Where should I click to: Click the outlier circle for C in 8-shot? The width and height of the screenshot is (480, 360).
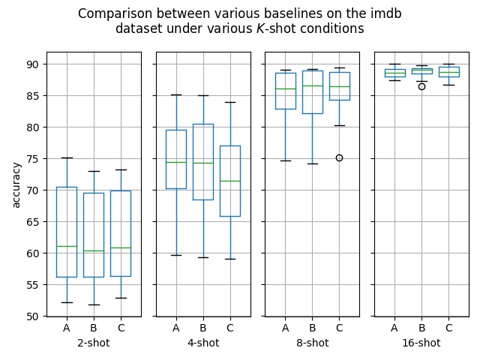click(x=339, y=157)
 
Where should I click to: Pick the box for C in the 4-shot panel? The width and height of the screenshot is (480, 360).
click(x=230, y=187)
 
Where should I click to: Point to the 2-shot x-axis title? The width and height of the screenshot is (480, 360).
click(x=94, y=343)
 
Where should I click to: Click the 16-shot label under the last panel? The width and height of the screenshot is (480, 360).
click(x=421, y=343)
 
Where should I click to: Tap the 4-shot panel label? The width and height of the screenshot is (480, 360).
click(x=203, y=343)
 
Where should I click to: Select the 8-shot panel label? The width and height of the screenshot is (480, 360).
click(x=312, y=343)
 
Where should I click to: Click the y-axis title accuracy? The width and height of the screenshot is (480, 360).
click(x=16, y=184)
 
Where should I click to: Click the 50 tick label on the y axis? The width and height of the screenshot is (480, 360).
click(x=32, y=316)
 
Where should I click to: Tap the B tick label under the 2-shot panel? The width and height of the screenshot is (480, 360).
click(x=94, y=328)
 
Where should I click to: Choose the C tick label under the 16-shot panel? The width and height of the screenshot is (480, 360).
click(x=448, y=328)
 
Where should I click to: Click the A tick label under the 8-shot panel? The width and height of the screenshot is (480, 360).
click(x=285, y=328)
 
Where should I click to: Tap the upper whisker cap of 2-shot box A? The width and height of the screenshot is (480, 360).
click(x=67, y=157)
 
